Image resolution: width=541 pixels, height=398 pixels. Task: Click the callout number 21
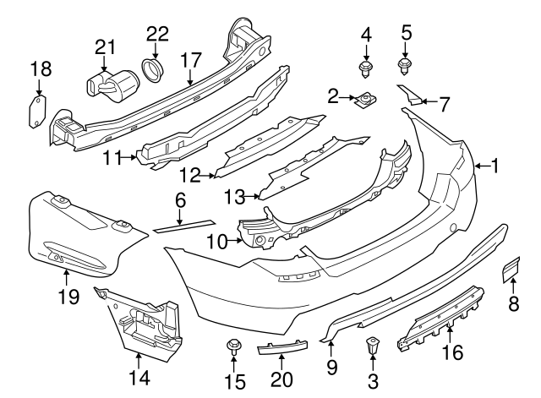point(104,46)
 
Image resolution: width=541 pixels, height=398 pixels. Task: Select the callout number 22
point(157,34)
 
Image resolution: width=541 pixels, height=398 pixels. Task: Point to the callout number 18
point(40,68)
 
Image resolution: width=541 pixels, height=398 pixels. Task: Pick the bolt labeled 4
point(366,67)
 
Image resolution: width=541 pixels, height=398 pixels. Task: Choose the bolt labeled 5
point(405,63)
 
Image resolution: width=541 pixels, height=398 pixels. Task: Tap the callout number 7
point(444,105)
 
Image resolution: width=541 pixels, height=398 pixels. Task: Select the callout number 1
point(495,166)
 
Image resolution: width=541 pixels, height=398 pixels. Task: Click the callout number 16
point(454,351)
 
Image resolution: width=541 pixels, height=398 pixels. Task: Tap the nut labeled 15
point(234,347)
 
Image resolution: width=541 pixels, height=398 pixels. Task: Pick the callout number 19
point(68,297)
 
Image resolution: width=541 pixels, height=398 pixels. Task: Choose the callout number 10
point(216,242)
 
